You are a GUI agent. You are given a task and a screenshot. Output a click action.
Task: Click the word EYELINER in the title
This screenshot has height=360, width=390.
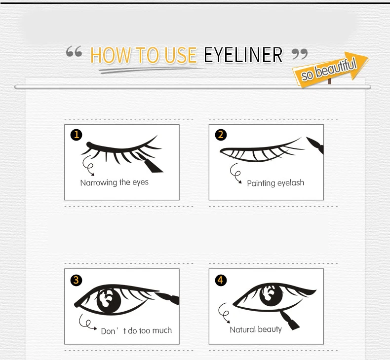[243, 55]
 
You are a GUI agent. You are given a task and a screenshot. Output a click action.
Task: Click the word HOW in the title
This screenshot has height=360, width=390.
[111, 55]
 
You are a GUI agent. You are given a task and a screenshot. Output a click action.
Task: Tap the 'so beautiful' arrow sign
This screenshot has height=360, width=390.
[330, 69]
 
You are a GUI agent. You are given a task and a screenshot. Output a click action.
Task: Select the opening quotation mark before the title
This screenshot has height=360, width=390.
[74, 51]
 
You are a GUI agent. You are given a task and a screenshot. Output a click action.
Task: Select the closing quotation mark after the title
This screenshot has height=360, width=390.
[300, 54]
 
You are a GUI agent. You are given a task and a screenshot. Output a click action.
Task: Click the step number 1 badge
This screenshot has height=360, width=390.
[76, 135]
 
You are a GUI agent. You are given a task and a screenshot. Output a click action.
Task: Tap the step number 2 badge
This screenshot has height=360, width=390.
[221, 135]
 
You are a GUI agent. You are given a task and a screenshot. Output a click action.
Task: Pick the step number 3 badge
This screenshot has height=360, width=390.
[76, 280]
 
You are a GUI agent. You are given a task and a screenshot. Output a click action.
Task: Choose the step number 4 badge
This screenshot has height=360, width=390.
[221, 280]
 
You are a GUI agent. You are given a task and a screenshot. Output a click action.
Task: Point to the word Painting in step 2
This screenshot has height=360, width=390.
[261, 183]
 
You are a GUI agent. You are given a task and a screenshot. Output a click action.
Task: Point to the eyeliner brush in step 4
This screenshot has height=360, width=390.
[289, 320]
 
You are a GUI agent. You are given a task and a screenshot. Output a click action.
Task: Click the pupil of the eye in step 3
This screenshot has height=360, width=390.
[109, 301]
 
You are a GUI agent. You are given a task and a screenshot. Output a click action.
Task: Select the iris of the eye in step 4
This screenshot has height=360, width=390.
[271, 295]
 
